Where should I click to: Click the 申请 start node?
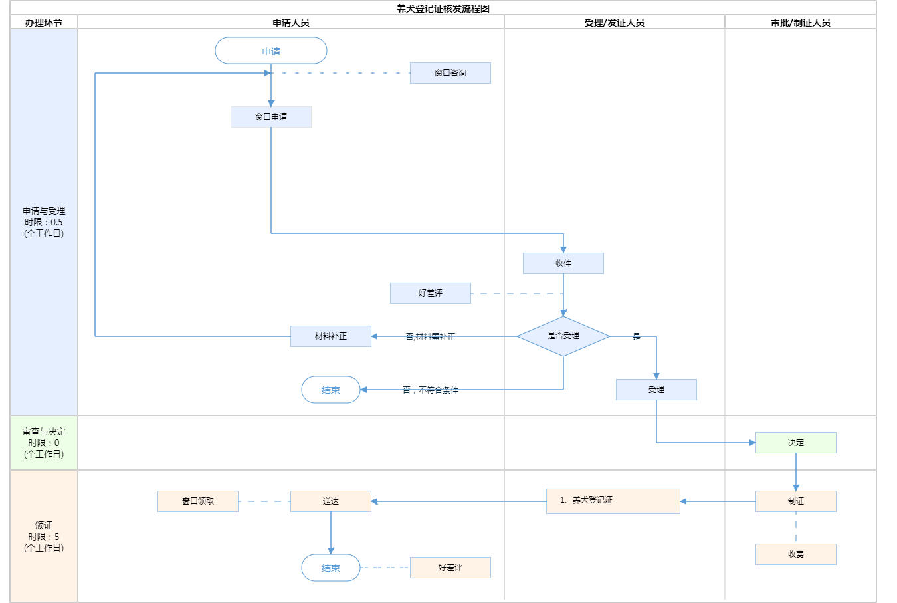pyautogui.click(x=271, y=51)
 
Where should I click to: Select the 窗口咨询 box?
pyautogui.click(x=450, y=73)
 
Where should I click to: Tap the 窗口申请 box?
pyautogui.click(x=271, y=117)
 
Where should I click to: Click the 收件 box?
pyautogui.click(x=563, y=263)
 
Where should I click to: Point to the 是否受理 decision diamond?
pyautogui.click(x=563, y=336)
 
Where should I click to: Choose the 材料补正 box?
pyautogui.click(x=331, y=336)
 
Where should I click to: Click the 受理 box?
pyautogui.click(x=656, y=390)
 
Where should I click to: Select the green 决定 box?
pyautogui.click(x=796, y=443)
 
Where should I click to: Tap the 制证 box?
pyautogui.click(x=796, y=501)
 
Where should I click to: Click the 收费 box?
pyautogui.click(x=796, y=554)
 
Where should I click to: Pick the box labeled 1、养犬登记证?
pyautogui.click(x=613, y=501)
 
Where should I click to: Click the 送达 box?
pyautogui.click(x=331, y=501)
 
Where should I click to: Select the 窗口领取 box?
pyautogui.click(x=198, y=501)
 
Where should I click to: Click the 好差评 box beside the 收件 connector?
pyautogui.click(x=431, y=293)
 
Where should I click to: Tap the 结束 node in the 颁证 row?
pyautogui.click(x=331, y=568)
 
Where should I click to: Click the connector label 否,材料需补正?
pyautogui.click(x=431, y=337)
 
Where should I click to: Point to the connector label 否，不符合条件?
pyautogui.click(x=431, y=390)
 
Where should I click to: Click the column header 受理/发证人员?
pyautogui.click(x=615, y=23)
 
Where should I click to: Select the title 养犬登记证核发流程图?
pyautogui.click(x=443, y=9)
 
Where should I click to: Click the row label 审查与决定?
pyautogui.click(x=44, y=432)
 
